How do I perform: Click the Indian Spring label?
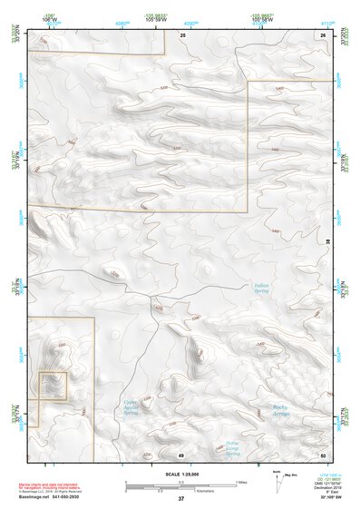point(261,289)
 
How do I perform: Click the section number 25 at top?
point(181,34)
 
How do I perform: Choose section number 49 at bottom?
point(181,454)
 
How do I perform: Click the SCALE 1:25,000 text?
point(181,473)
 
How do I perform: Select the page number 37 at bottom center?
point(181,499)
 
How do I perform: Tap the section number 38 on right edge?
point(328,240)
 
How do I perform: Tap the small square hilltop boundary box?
point(54,385)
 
